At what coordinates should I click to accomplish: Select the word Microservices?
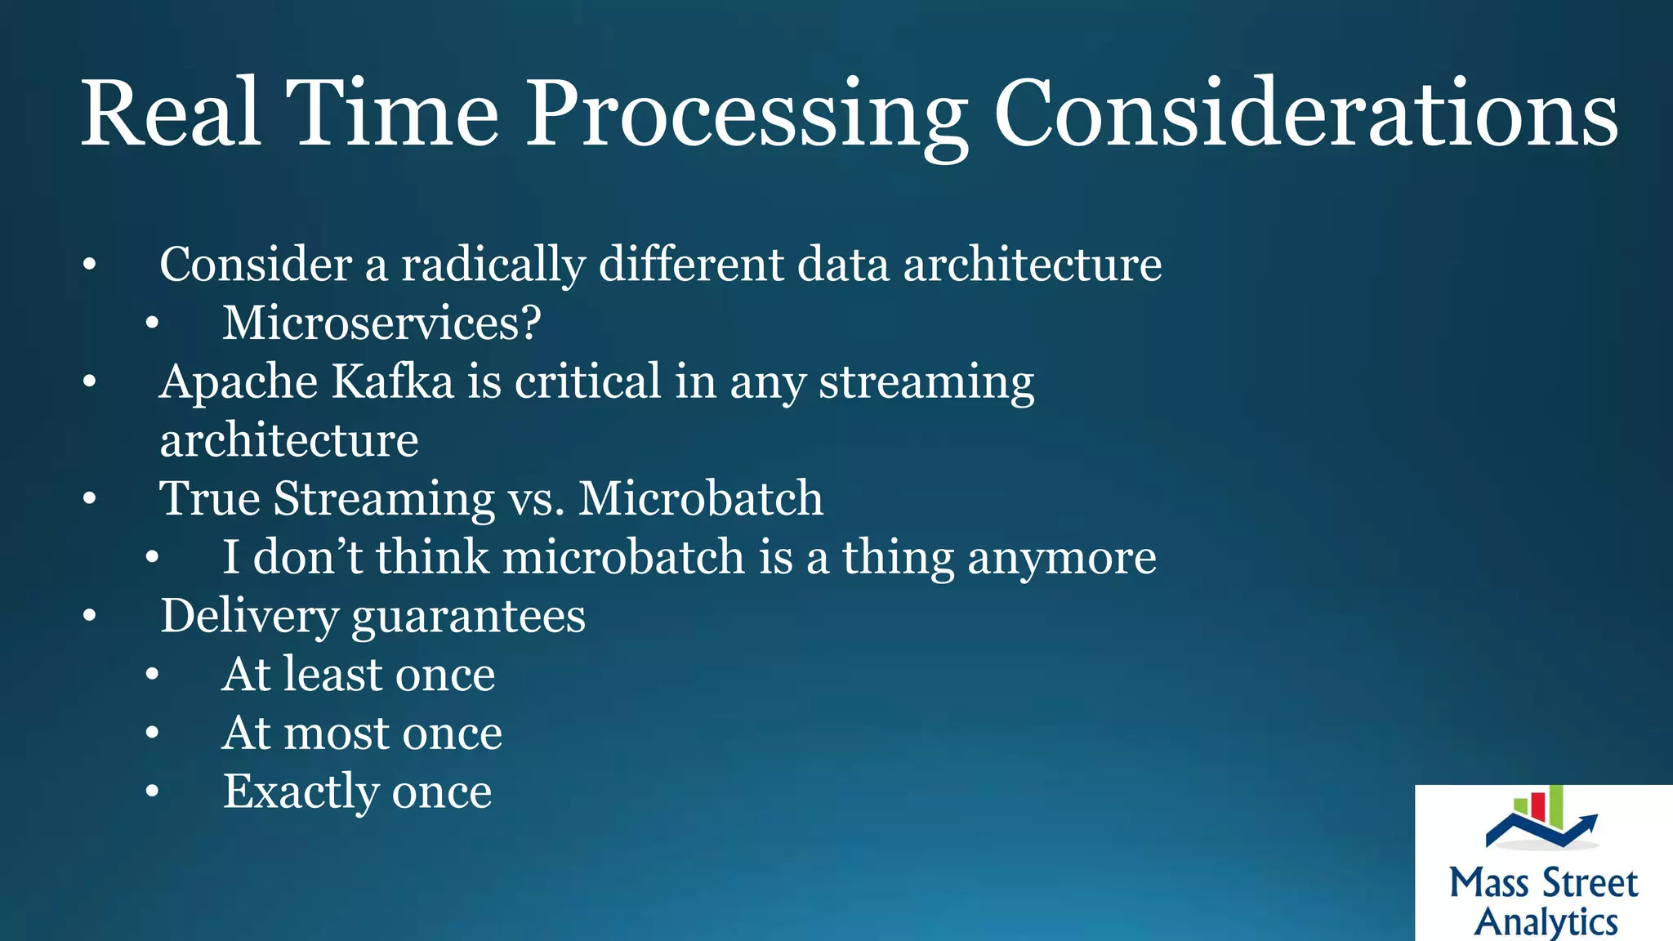click(381, 323)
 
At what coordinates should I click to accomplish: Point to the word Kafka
click(392, 381)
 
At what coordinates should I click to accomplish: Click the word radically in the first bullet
click(493, 265)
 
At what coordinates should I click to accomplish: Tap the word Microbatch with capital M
click(700, 498)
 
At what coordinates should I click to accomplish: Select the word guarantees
click(468, 617)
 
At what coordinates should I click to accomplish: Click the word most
click(336, 734)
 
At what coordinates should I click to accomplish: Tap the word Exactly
click(300, 792)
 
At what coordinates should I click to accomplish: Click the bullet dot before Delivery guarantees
click(90, 617)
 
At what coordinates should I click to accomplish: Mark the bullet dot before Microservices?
click(152, 324)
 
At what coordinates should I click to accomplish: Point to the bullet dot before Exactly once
click(152, 792)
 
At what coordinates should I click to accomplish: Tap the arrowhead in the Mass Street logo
click(1589, 819)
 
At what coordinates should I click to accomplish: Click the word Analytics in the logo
click(1546, 922)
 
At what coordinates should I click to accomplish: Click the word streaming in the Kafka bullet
click(926, 381)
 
